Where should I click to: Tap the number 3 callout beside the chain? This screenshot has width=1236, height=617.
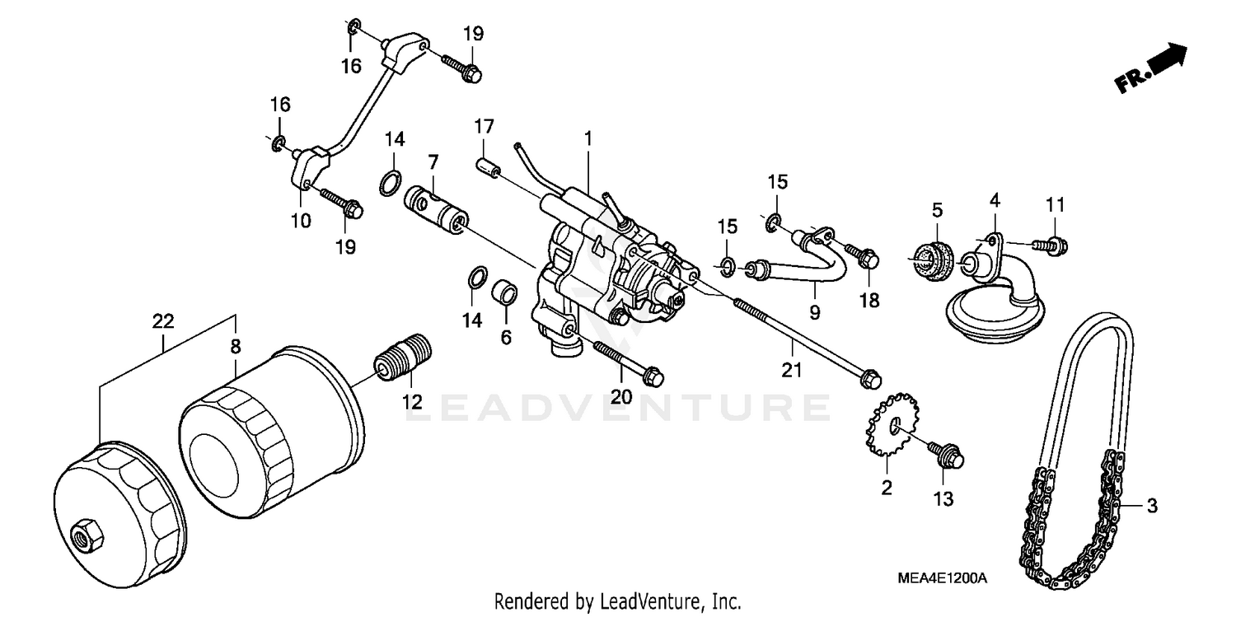click(x=1151, y=506)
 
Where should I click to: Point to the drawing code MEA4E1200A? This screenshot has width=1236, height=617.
click(x=942, y=579)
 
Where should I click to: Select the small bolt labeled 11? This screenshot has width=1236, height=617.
click(x=1054, y=243)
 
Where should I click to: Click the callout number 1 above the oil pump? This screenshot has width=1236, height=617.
click(x=588, y=138)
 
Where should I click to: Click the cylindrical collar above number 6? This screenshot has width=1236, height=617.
click(x=505, y=293)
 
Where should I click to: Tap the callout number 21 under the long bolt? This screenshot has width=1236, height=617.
click(x=791, y=371)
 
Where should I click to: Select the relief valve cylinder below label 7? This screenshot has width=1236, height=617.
click(x=436, y=210)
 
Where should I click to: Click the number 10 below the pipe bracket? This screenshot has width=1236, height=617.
click(x=301, y=220)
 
